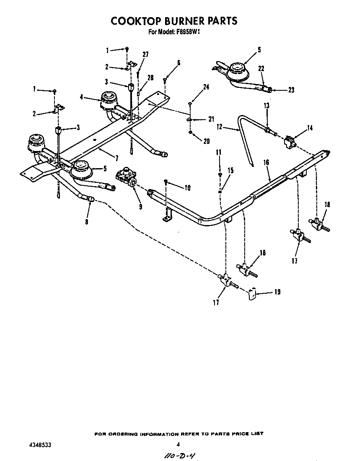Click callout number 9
coord(140,206)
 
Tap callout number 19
coord(277,292)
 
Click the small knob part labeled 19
coord(252,294)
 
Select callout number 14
coord(309,128)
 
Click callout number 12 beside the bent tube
coord(220,127)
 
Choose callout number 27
coord(145,54)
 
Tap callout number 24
coord(206,87)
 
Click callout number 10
coord(187,188)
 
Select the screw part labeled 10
coord(166,182)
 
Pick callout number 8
coord(86,222)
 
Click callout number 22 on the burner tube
coord(261,69)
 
